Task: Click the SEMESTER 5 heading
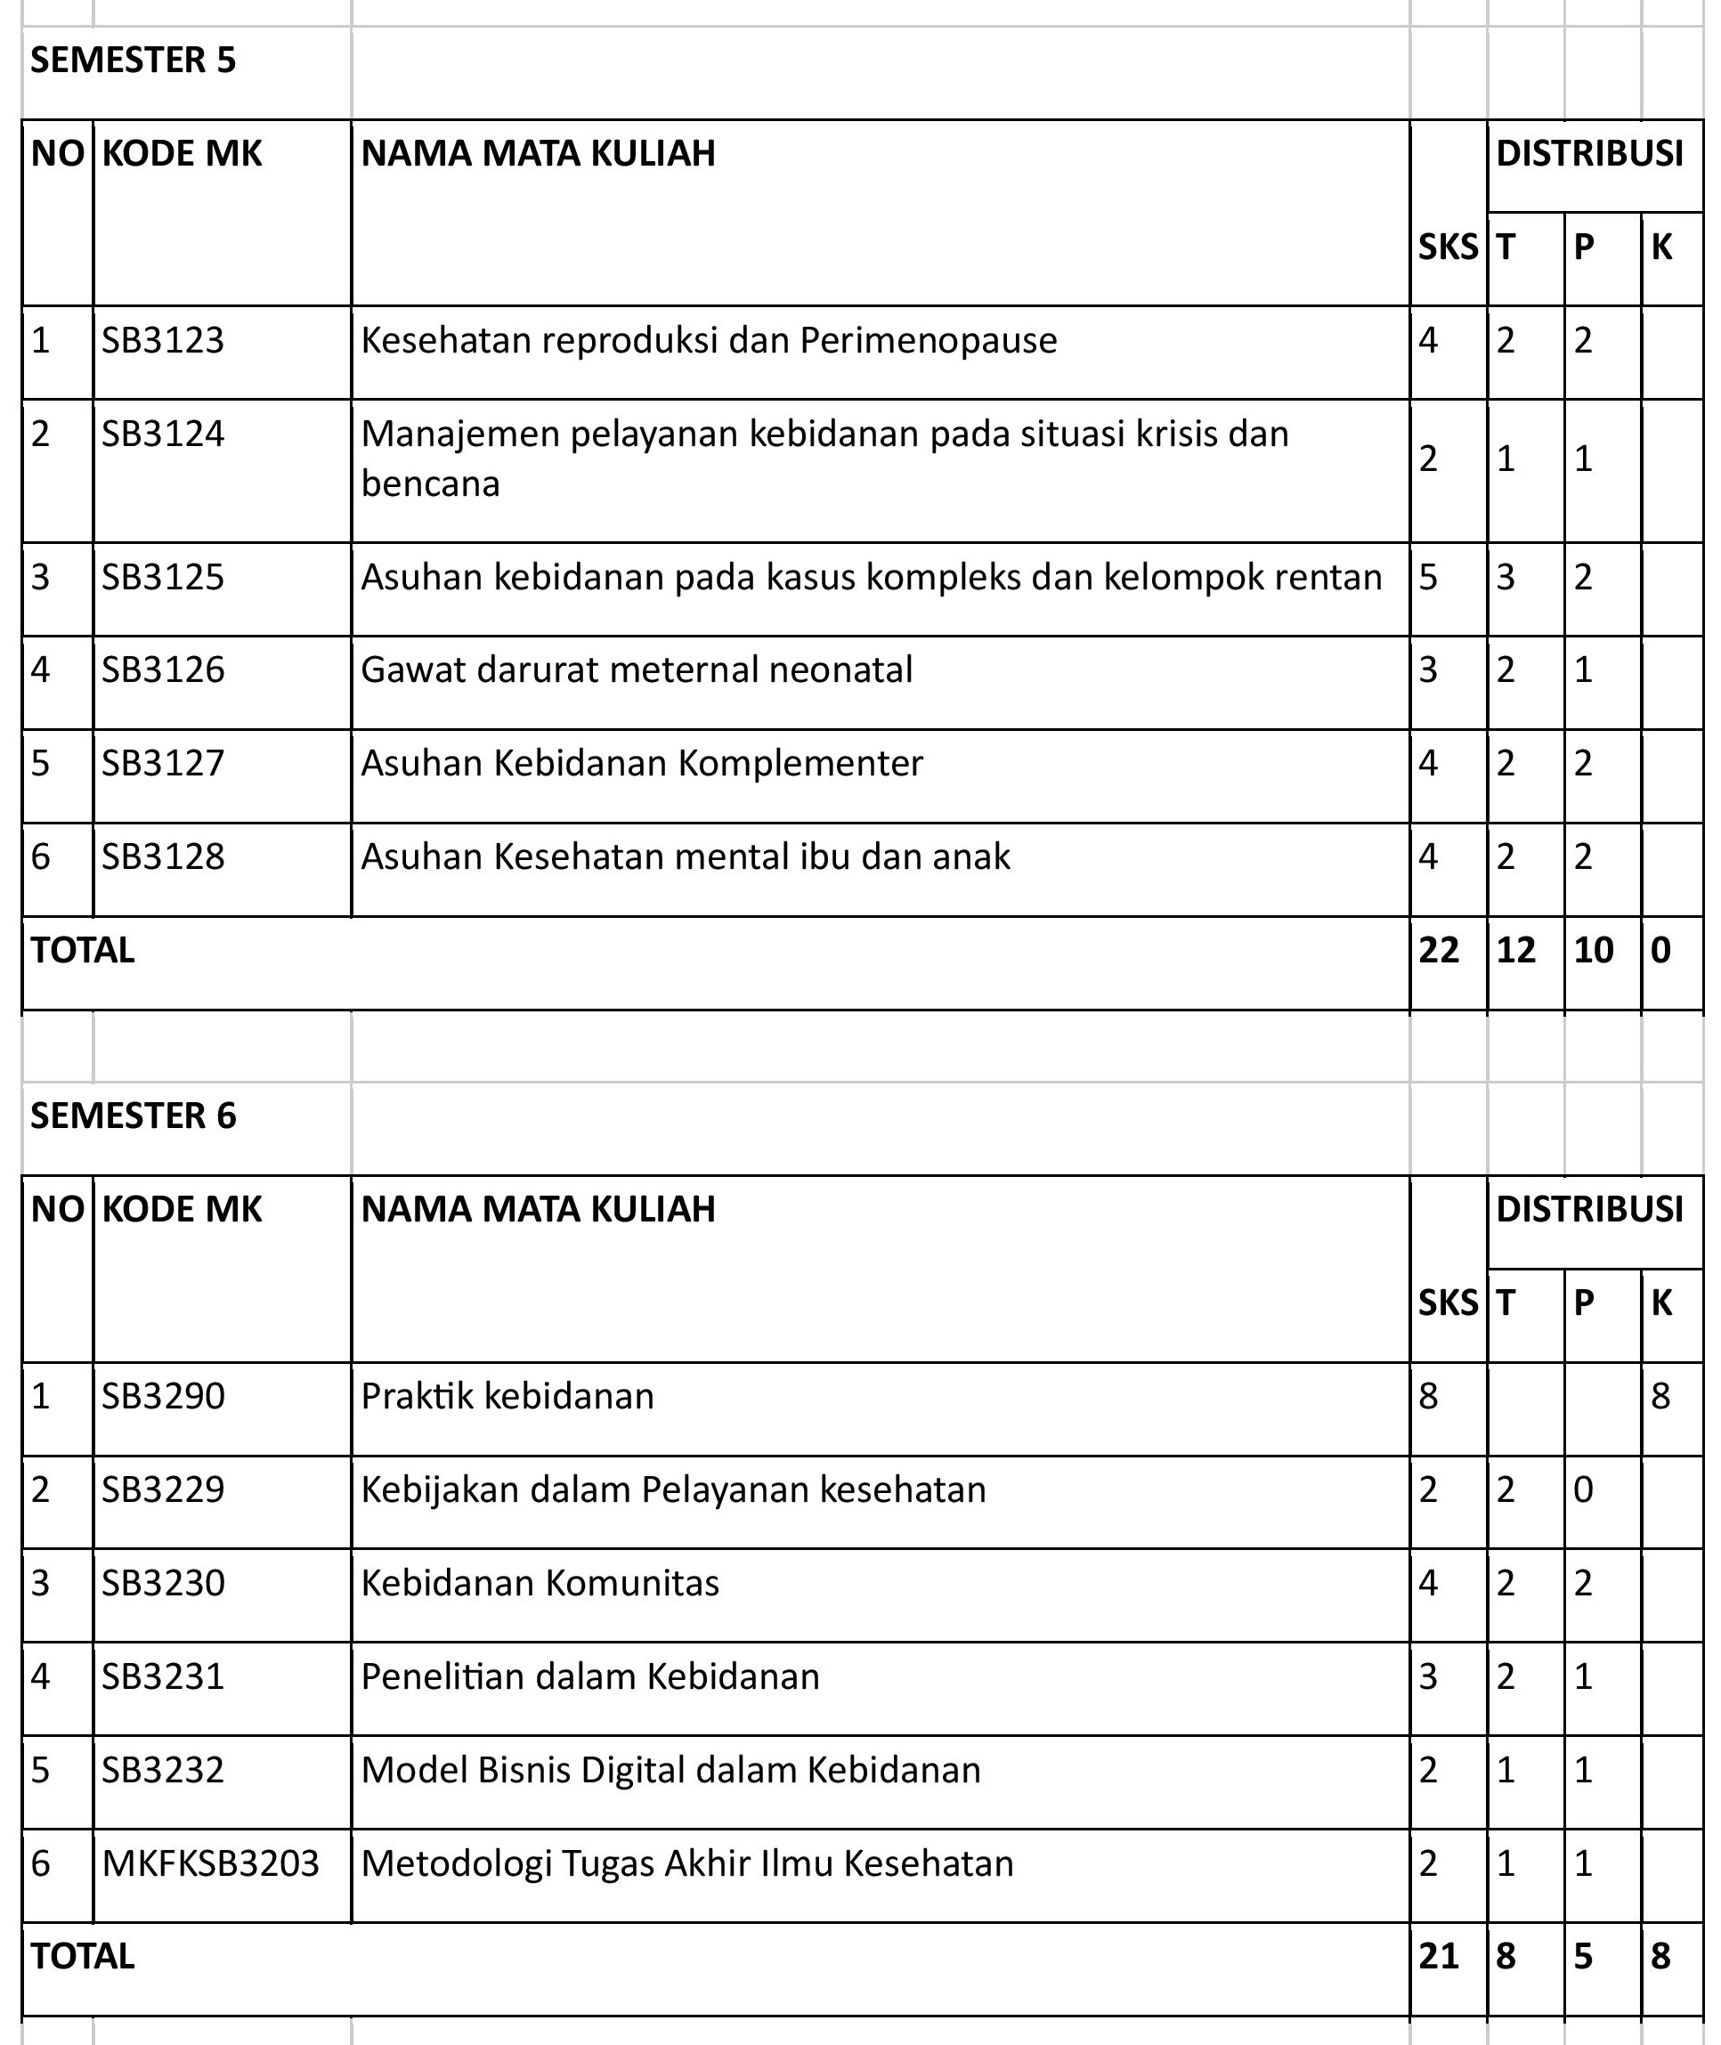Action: click(x=134, y=61)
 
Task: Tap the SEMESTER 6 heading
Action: click(x=134, y=1116)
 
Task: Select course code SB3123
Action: click(x=163, y=340)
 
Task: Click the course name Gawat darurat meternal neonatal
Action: click(x=636, y=670)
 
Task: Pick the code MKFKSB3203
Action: click(x=211, y=1864)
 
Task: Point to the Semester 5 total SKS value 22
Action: click(x=1439, y=950)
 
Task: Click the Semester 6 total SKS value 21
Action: click(x=1439, y=1956)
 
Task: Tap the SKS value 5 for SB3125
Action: click(x=1428, y=578)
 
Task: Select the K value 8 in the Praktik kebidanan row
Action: click(x=1660, y=1397)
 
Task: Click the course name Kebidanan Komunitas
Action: click(x=540, y=1584)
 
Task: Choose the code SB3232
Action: click(x=163, y=1770)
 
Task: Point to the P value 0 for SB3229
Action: click(x=1582, y=1489)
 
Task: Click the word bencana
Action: click(x=430, y=484)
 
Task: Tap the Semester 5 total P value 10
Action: click(x=1593, y=950)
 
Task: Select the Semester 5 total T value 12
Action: click(x=1516, y=950)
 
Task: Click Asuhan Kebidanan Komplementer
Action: click(x=641, y=763)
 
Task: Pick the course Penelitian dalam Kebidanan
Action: click(x=590, y=1677)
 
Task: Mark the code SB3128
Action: click(x=163, y=856)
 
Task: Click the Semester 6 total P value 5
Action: click(x=1582, y=1956)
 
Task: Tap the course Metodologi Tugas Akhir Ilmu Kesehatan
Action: click(x=686, y=1864)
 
